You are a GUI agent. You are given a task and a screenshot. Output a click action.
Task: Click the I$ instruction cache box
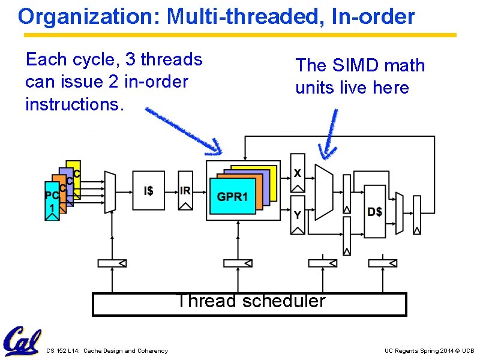148,190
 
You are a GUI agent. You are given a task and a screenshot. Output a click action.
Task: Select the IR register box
185,190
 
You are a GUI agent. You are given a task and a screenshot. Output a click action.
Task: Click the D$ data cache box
375,211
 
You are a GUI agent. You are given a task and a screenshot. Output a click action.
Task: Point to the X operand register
298,173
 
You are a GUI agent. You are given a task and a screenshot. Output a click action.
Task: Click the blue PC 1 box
52,200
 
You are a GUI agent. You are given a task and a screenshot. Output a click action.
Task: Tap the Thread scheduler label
250,301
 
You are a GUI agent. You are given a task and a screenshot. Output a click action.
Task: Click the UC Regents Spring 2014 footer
429,350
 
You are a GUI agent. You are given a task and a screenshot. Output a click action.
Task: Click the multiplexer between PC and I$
109,191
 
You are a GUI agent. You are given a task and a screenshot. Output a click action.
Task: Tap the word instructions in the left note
74,104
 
